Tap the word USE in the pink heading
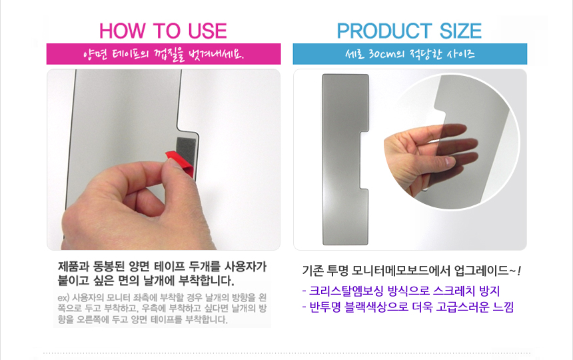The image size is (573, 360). (208, 31)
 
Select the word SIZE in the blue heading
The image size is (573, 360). (460, 31)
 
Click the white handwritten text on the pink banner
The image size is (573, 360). (163, 55)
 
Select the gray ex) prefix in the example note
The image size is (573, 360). (63, 298)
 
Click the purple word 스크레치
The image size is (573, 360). (454, 291)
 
